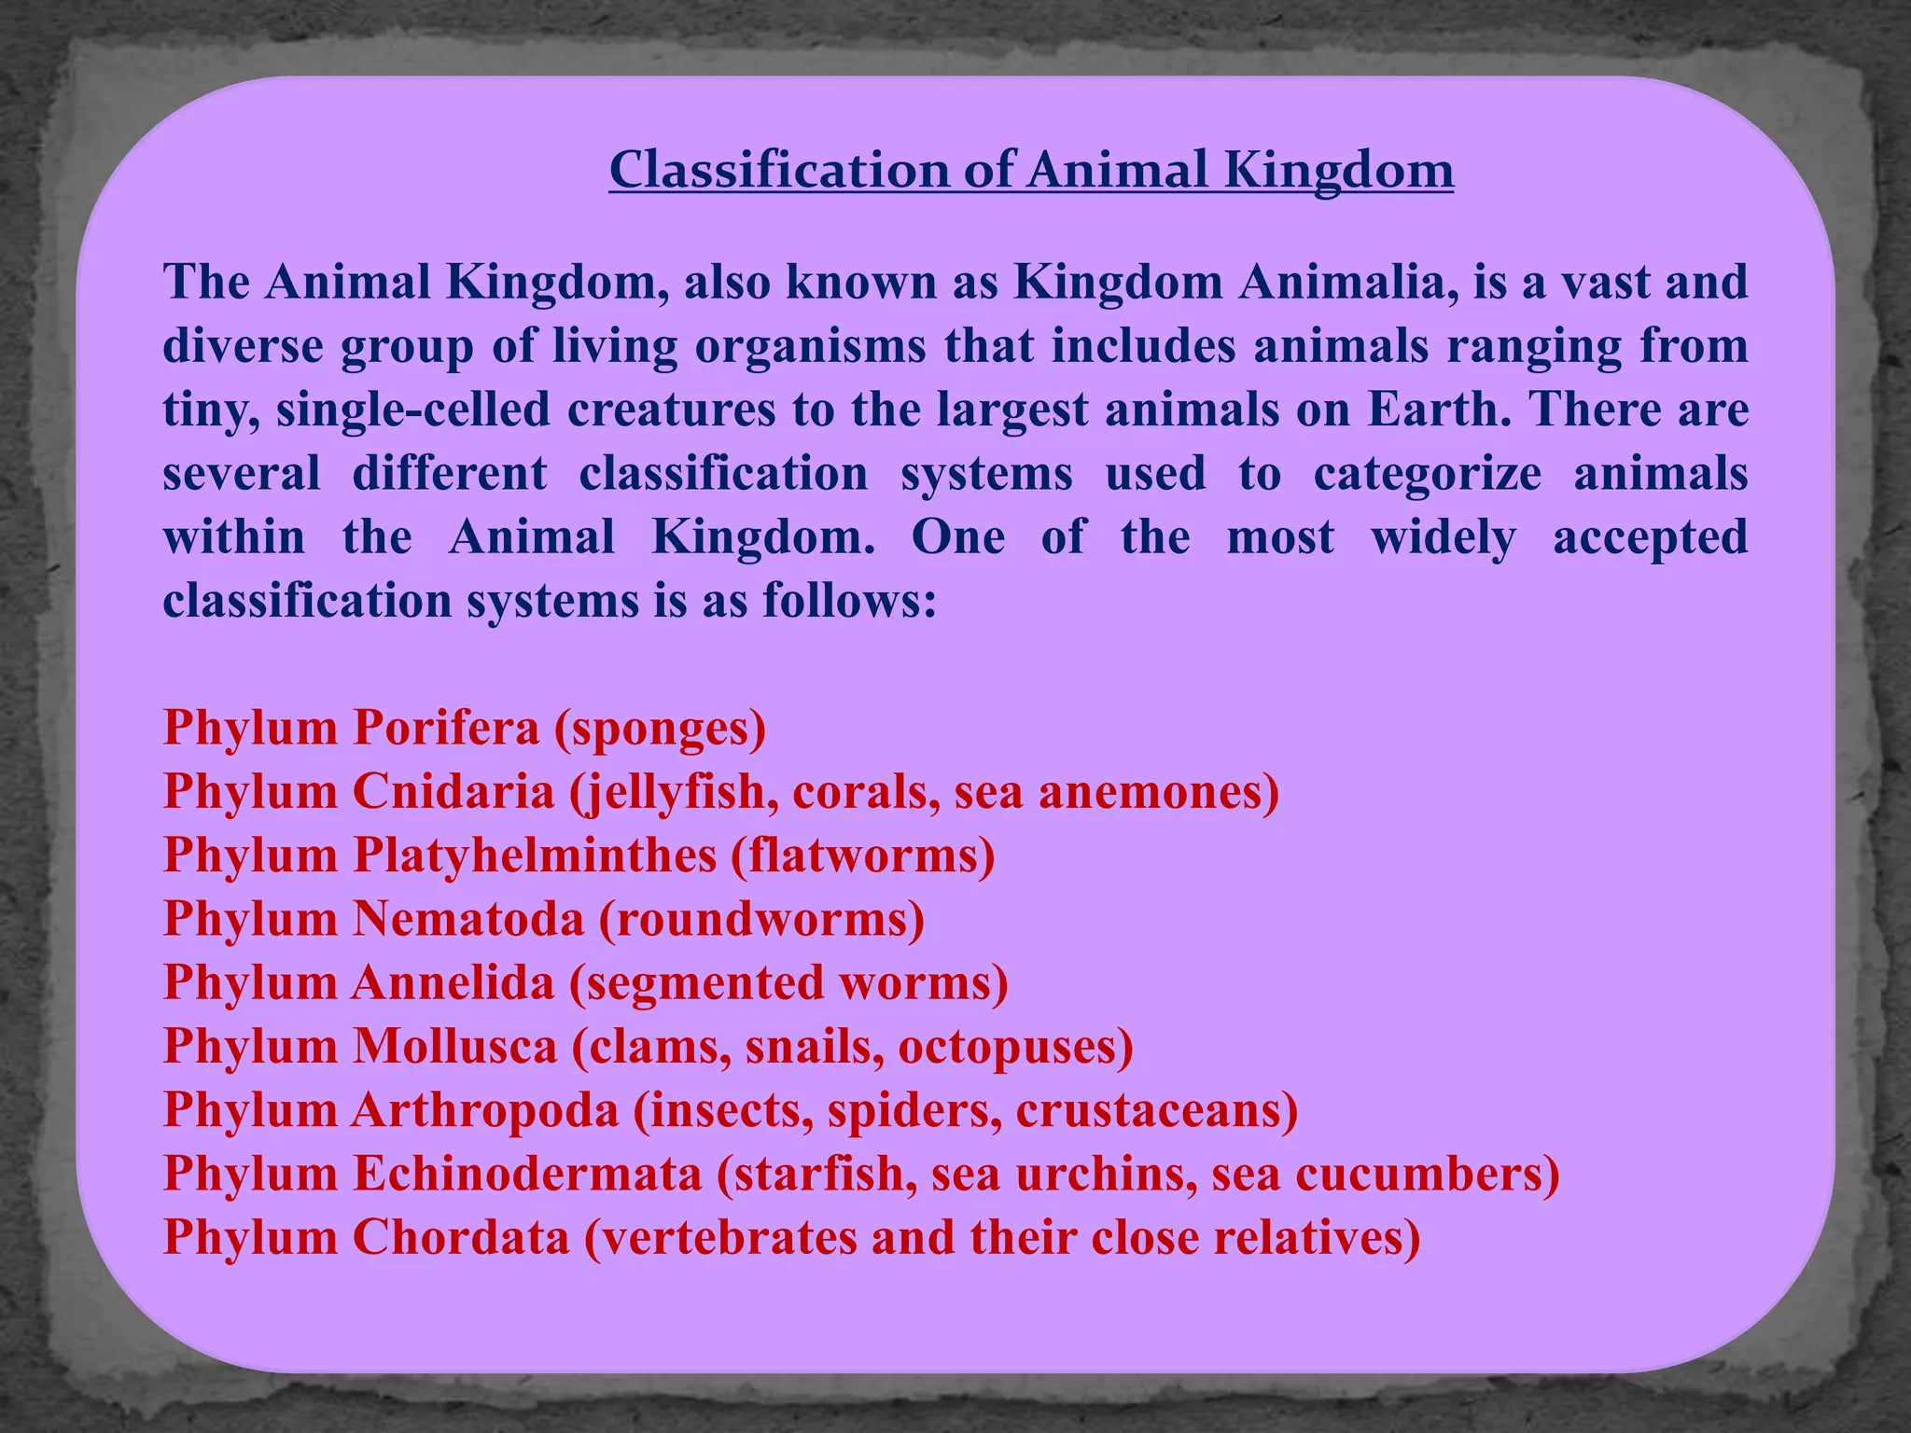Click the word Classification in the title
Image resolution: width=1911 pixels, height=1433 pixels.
point(778,171)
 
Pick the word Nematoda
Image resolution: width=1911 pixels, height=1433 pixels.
point(467,919)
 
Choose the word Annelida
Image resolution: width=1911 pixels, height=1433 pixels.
point(453,982)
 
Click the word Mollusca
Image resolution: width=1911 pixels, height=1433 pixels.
point(454,1046)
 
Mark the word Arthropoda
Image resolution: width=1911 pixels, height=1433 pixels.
point(485,1110)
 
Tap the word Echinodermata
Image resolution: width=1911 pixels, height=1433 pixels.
point(527,1174)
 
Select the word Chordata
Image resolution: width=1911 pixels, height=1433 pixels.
point(461,1238)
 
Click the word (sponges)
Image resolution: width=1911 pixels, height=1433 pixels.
point(661,728)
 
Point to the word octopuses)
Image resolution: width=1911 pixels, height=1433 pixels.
point(1015,1046)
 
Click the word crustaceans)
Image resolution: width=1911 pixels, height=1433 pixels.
point(1156,1110)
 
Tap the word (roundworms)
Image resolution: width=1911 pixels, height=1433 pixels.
point(761,919)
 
